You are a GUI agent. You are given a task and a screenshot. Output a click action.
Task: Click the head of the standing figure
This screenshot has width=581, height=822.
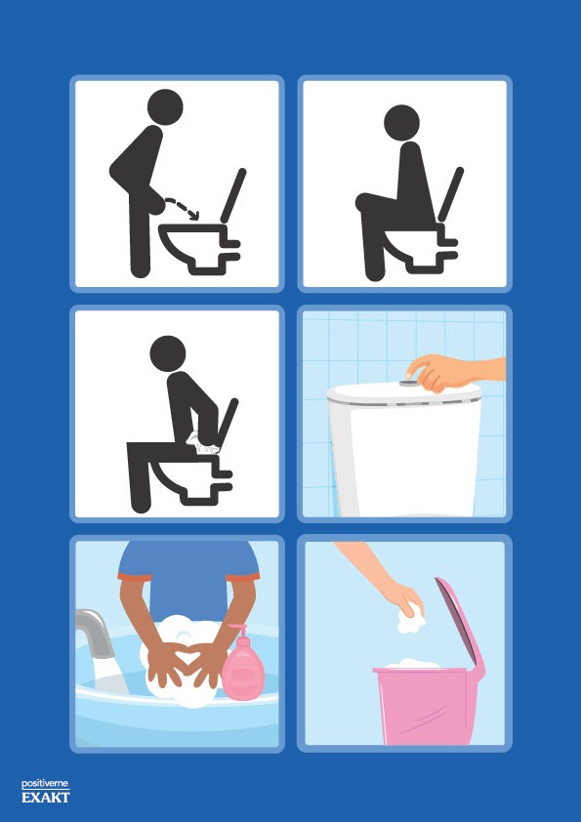165,107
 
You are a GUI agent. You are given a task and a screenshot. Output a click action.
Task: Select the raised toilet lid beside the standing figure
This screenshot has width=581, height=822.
233,196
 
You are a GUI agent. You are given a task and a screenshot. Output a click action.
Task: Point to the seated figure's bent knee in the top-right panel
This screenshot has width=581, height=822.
364,203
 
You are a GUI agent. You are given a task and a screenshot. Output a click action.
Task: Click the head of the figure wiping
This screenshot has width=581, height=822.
168,353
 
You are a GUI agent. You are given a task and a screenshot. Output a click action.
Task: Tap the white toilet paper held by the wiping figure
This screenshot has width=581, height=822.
203,443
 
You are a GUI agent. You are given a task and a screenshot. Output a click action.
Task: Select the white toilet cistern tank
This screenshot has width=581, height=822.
405,451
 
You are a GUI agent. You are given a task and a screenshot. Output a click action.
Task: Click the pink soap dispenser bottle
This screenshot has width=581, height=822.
243,665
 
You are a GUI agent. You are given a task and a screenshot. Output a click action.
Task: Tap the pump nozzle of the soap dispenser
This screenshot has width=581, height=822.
237,629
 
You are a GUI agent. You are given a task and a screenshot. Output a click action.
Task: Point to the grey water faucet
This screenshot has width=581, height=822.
96,632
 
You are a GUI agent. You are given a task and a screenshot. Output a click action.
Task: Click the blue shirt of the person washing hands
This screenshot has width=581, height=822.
188,576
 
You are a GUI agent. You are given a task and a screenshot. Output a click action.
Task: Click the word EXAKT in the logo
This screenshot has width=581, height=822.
46,798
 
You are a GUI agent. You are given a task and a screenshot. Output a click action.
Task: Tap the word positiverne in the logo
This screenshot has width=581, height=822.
45,784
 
